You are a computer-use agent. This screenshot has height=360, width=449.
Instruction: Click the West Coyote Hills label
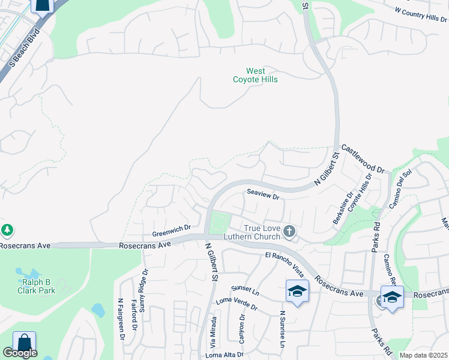point(255,75)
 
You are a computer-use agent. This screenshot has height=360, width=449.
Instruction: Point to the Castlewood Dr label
point(362,159)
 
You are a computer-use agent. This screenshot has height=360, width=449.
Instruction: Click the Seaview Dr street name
point(264,196)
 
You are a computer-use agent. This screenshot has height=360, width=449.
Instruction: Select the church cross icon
point(289,231)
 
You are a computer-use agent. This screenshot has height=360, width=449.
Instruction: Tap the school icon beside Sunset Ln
point(297,292)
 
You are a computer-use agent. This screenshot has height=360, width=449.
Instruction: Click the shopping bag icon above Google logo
point(24,343)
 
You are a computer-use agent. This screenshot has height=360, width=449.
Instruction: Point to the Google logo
point(20,353)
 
